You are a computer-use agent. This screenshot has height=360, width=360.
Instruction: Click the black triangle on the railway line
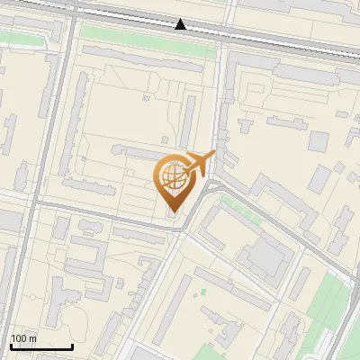[x=181, y=24]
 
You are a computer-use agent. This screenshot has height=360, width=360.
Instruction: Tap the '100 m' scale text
[x=24, y=338]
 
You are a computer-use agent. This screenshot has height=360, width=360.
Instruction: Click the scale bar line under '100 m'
[x=41, y=346]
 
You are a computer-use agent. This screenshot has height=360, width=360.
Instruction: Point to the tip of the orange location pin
[x=172, y=212]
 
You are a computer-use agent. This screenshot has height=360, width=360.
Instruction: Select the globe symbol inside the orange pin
[x=171, y=175]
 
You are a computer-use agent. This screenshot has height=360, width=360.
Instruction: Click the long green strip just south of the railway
[x=148, y=40]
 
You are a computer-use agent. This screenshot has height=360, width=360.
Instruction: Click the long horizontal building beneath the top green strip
[x=148, y=59]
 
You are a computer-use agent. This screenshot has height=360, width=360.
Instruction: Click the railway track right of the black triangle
[x=270, y=37]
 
